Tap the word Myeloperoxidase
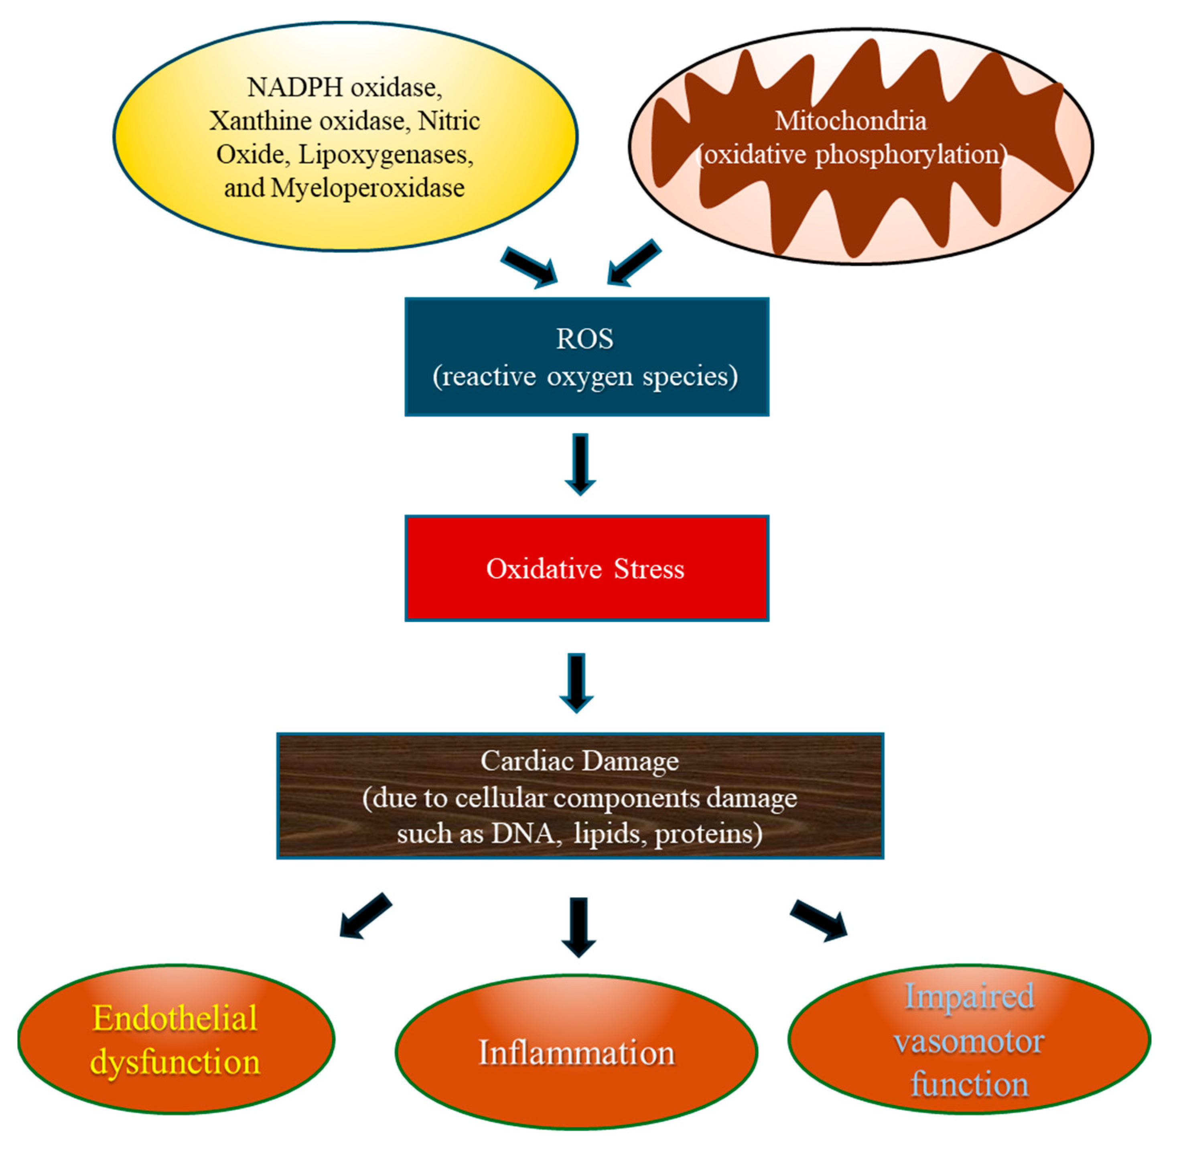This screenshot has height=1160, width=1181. tap(368, 188)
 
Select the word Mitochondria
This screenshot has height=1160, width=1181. tap(850, 121)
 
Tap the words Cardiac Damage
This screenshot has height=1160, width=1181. tap(579, 761)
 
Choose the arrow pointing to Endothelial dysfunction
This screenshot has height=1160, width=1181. tap(365, 916)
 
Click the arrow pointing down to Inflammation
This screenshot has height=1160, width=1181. tap(578, 926)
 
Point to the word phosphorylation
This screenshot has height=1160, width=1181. tap(906, 155)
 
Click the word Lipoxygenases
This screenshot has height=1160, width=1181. tap(385, 155)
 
